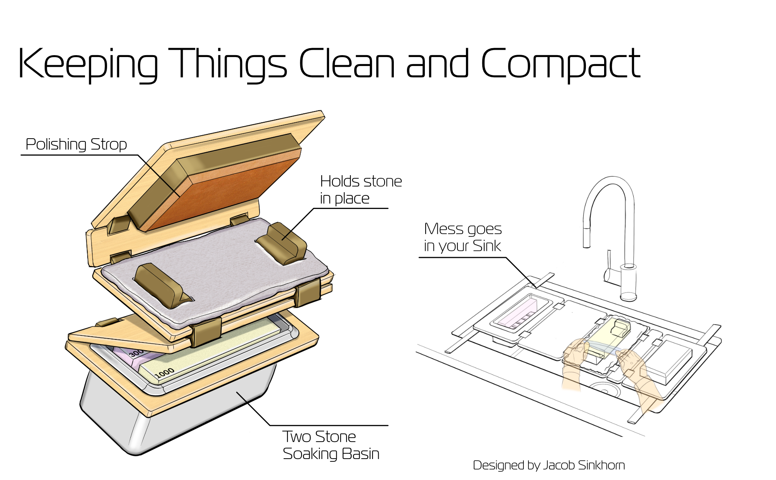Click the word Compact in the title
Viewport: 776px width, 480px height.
(561, 64)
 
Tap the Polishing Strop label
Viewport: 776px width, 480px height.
(76, 144)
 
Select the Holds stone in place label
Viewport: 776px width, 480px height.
(360, 190)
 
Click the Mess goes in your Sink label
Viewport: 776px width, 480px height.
(462, 237)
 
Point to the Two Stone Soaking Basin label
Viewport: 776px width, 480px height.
(331, 445)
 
